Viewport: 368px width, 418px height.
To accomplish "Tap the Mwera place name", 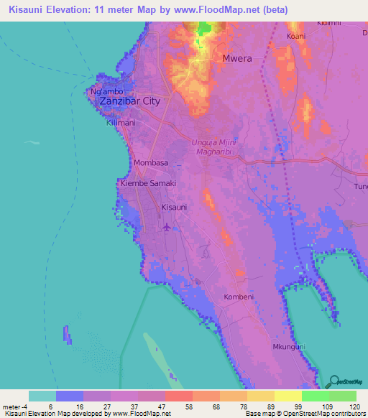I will [237, 59].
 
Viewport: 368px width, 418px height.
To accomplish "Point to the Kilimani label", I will [121, 124].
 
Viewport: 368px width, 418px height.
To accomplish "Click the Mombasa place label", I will [151, 163].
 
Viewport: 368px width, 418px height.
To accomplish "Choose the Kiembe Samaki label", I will [148, 184].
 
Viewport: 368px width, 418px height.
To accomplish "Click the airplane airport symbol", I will [167, 227].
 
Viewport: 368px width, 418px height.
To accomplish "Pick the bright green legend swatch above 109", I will [315, 396].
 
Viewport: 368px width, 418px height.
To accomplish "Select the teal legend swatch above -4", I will [42, 396].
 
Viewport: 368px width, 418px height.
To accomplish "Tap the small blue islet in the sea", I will [68, 334].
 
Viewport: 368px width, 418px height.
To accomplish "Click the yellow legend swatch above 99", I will [287, 396].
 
